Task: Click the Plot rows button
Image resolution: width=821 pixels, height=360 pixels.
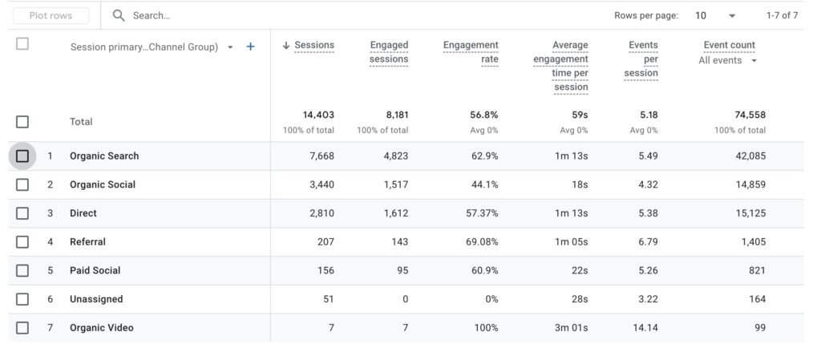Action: [x=51, y=16]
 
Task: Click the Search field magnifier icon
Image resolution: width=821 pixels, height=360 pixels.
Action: [x=119, y=16]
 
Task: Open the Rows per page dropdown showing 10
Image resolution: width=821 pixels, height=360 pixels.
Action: [x=715, y=16]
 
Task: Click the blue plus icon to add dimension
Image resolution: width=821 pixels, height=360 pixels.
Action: [x=250, y=47]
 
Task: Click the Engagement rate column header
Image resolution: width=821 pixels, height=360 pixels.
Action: [x=471, y=52]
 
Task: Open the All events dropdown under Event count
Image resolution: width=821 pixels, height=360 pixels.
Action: [x=727, y=61]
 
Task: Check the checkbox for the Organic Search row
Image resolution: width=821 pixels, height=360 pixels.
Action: [x=22, y=156]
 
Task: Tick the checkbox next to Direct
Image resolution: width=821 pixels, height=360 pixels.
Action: [x=22, y=213]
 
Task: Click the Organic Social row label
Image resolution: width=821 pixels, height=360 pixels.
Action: [x=103, y=184]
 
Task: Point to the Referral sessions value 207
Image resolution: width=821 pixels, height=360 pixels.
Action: [x=326, y=242]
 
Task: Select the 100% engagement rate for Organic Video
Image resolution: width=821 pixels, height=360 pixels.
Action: [x=486, y=328]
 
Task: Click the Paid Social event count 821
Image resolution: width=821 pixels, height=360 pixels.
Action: [x=757, y=270]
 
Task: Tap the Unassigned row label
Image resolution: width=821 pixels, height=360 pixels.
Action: [x=96, y=299]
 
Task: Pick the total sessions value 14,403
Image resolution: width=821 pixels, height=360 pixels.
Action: [x=318, y=115]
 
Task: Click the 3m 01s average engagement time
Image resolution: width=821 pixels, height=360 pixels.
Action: [x=571, y=328]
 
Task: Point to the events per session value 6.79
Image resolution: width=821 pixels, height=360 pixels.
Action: [x=648, y=242]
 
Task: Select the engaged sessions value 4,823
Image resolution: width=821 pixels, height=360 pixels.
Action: [x=395, y=156]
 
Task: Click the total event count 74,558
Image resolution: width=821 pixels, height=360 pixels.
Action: [x=750, y=115]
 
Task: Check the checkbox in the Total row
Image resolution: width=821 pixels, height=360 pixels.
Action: [x=22, y=122]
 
